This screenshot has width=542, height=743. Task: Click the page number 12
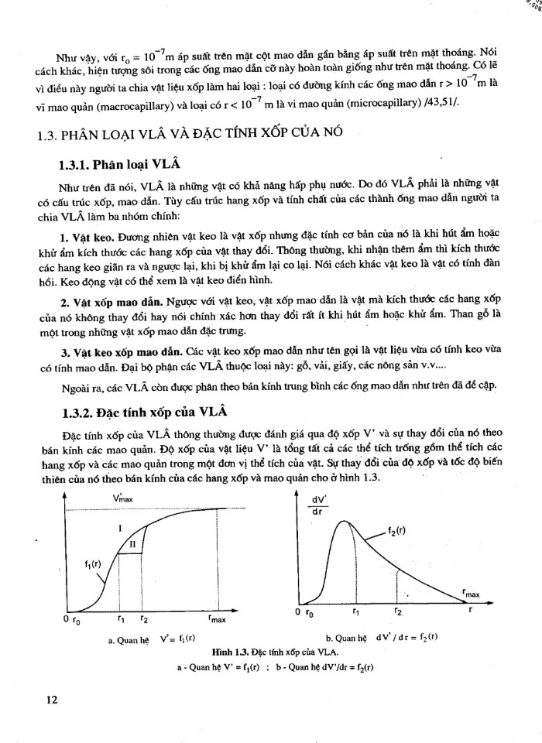click(53, 700)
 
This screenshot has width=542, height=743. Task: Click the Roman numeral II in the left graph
click(132, 544)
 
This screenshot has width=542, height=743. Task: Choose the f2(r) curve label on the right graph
click(398, 532)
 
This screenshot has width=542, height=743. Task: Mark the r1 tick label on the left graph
click(121, 618)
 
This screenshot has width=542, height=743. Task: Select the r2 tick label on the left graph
click(144, 618)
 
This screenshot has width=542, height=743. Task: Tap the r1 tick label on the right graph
click(355, 611)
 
